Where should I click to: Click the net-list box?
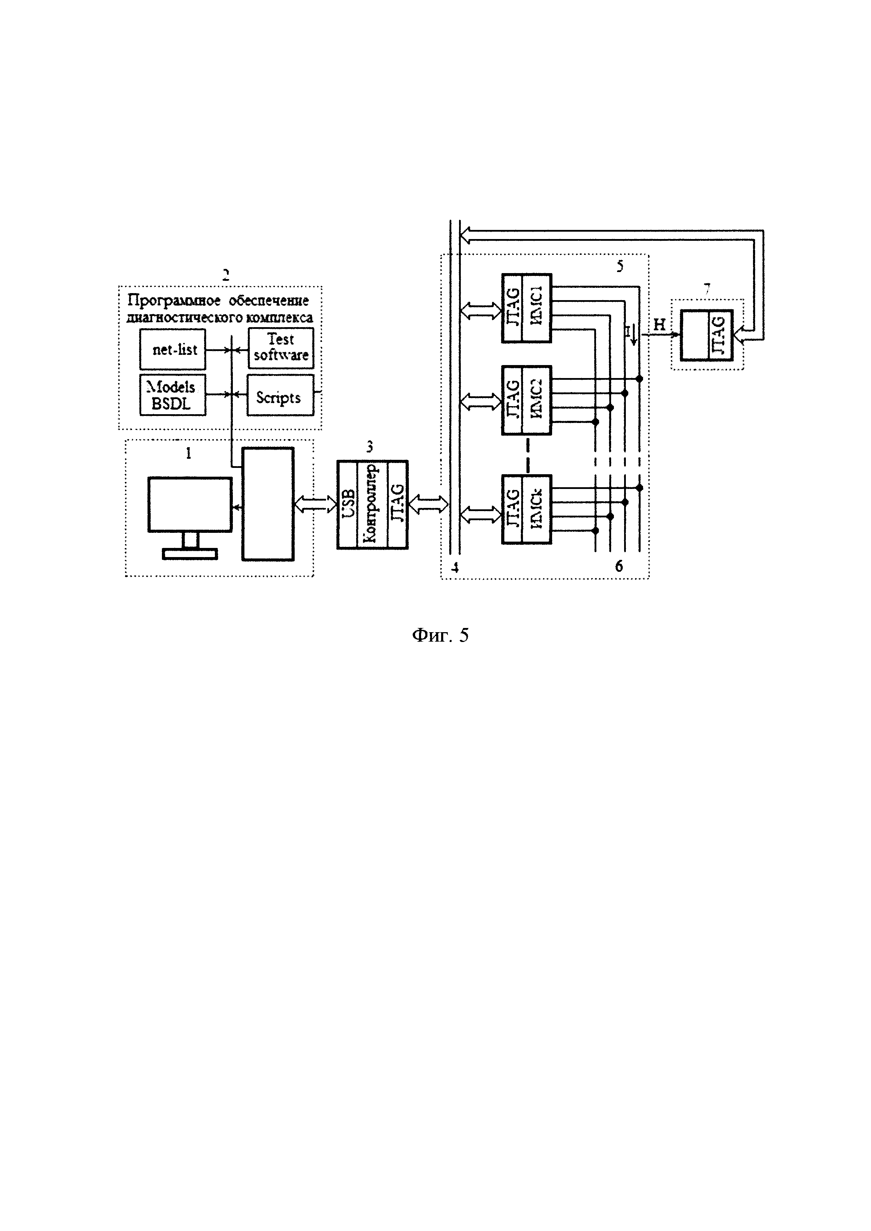(x=173, y=350)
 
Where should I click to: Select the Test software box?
(x=281, y=348)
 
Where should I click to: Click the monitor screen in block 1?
(x=190, y=504)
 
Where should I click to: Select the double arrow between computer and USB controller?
(x=315, y=503)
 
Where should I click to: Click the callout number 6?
(x=619, y=566)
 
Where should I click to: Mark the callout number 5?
(x=620, y=266)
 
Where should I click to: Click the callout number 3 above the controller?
(x=369, y=446)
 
